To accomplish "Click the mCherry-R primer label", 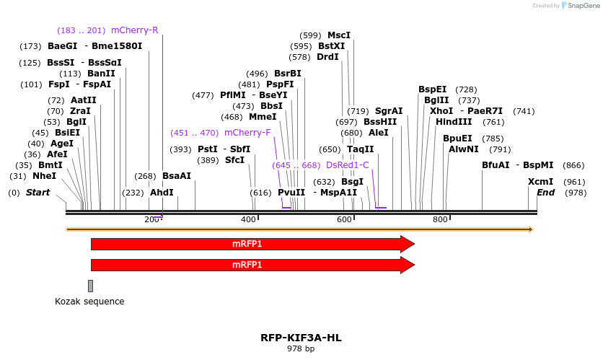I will tap(134, 30).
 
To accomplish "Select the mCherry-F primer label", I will tap(247, 133).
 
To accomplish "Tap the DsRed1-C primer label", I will tap(347, 165).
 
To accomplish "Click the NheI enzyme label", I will tap(44, 176).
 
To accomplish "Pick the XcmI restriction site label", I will tap(541, 182).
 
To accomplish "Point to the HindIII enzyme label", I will tap(454, 122).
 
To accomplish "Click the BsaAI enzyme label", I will tap(177, 176).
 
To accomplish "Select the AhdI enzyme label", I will tap(162, 193).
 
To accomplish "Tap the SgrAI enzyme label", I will tap(389, 111).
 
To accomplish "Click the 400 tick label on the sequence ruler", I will tap(248, 219).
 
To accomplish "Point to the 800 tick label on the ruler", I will tap(440, 219).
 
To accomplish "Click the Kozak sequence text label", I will tap(89, 302).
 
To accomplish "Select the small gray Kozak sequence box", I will tap(90, 286).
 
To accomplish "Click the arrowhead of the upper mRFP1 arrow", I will tap(408, 244).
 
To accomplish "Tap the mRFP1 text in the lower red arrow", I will tap(247, 265).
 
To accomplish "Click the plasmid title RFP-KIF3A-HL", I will tap(301, 338).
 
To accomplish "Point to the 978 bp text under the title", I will tap(301, 349).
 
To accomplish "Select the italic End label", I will tap(546, 193).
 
